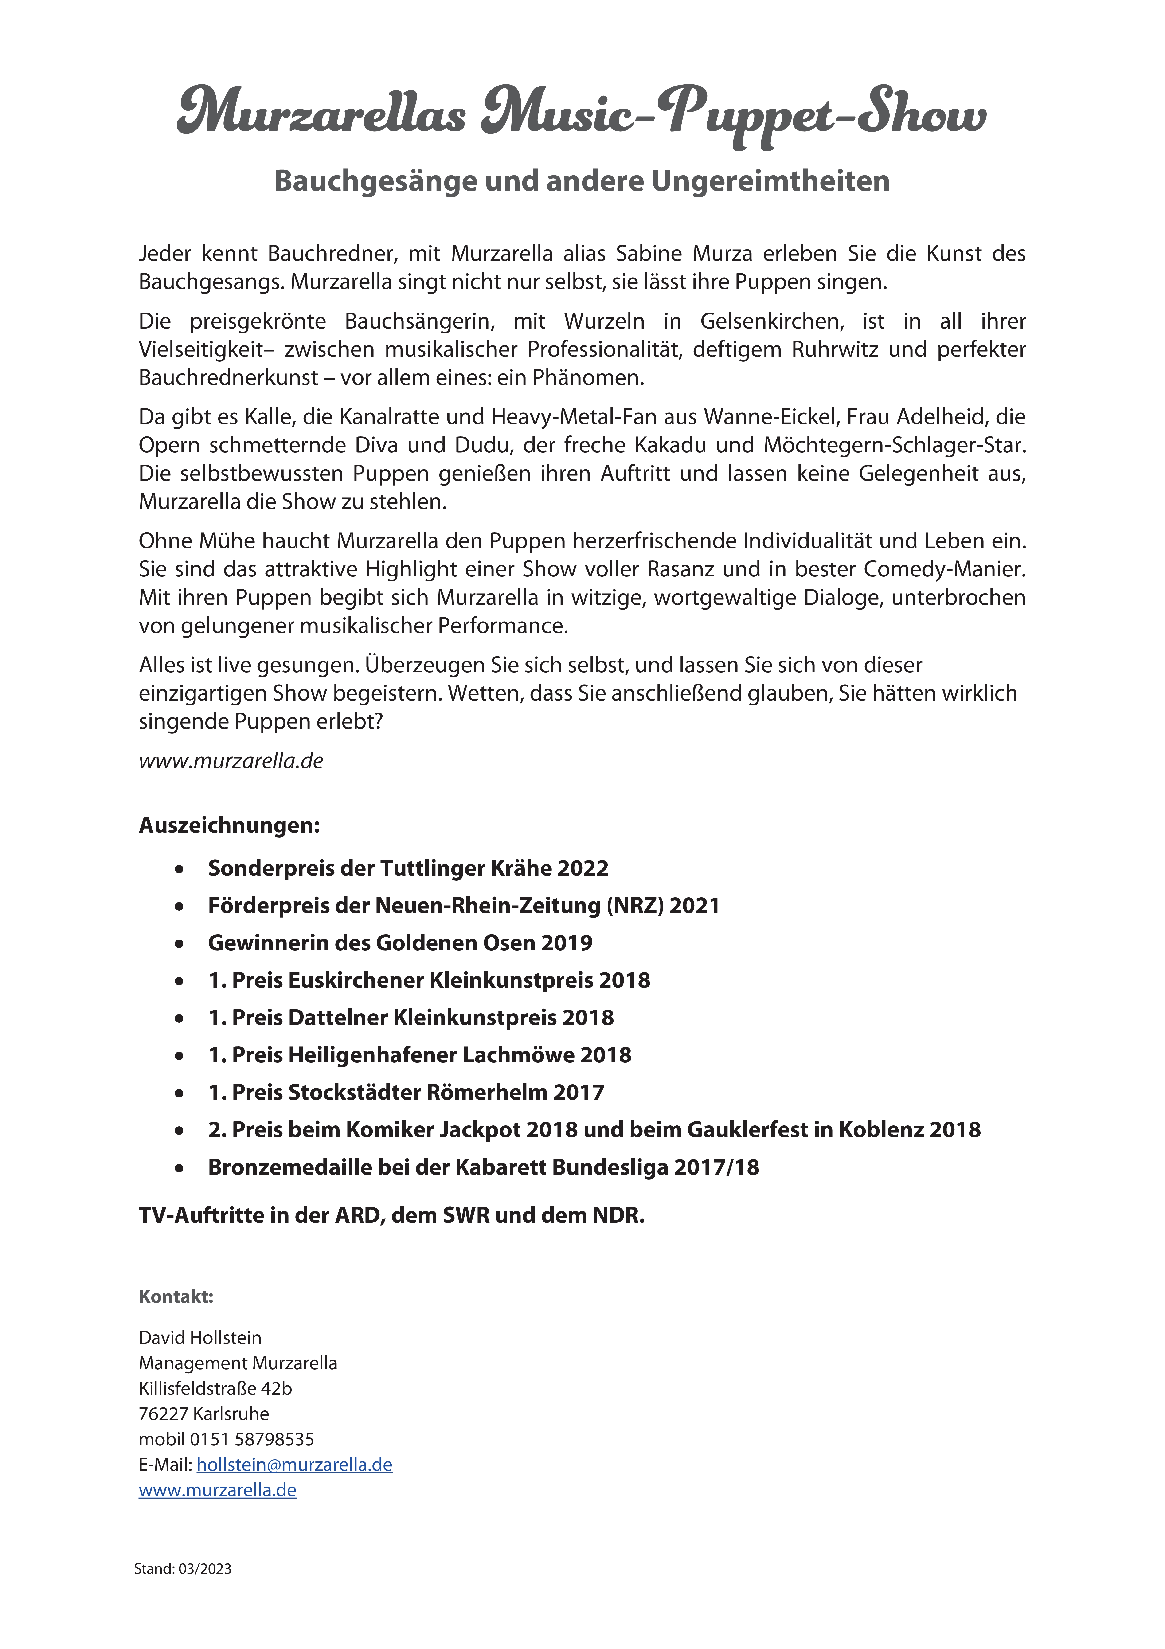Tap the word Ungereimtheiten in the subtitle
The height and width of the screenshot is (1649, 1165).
771,181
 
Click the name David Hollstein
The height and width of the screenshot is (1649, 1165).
200,1338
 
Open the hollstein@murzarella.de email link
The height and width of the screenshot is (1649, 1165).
294,1465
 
